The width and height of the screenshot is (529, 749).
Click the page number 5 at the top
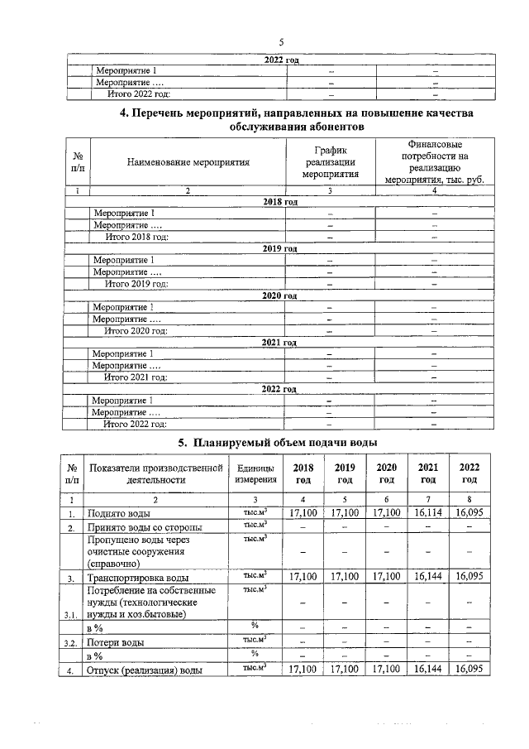tap(280, 42)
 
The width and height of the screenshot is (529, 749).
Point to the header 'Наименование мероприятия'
tap(188, 163)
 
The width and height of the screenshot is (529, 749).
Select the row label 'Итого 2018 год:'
tap(136, 237)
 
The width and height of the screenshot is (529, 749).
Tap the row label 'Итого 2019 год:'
tap(136, 284)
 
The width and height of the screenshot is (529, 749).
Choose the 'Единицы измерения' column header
tap(255, 473)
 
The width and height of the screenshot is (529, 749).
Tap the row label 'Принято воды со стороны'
tap(145, 528)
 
